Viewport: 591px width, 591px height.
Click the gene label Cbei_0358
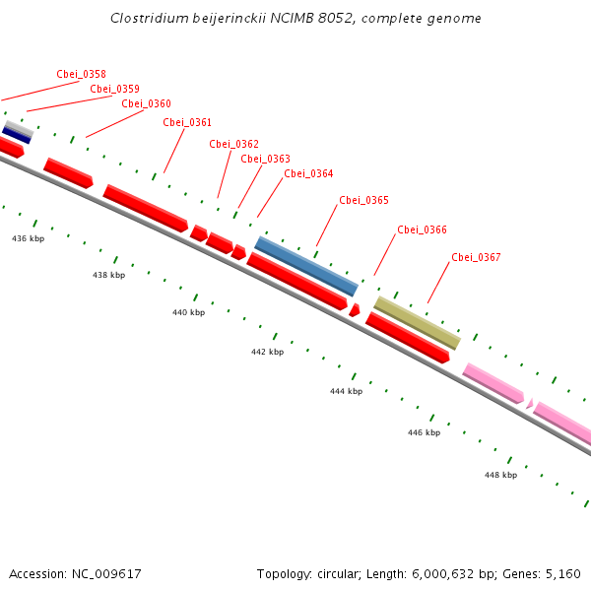coord(82,74)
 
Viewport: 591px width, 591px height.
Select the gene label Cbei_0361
coord(187,122)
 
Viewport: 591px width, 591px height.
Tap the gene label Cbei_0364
coord(308,173)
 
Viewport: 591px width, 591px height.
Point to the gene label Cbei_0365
coord(363,200)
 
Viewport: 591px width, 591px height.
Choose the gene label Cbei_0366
coord(422,230)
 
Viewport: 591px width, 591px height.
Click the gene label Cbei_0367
coord(476,257)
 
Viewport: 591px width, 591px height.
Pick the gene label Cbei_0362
coord(233,144)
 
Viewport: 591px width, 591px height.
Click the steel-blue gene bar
coord(306,266)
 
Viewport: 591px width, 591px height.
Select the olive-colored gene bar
coord(417,322)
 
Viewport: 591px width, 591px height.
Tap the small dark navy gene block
coord(17,134)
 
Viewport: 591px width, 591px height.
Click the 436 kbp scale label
coord(28,238)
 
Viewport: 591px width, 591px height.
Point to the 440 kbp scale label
coord(188,312)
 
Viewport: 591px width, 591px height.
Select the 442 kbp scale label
coord(267,352)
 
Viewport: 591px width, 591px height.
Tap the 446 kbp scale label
coord(424,432)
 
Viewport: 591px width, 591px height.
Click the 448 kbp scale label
coord(500,475)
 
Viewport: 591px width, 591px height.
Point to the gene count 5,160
coord(561,573)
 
